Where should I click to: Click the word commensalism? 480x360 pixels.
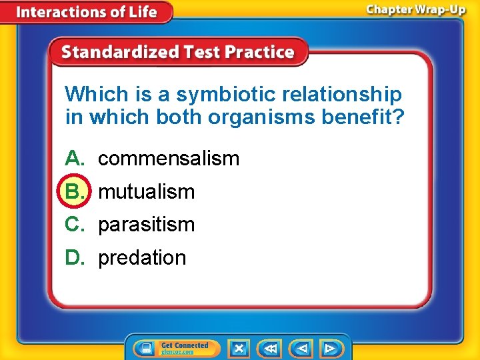(x=169, y=159)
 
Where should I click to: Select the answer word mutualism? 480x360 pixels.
(x=147, y=192)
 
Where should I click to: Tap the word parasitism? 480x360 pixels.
(x=147, y=225)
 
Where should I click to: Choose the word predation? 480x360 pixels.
(x=142, y=258)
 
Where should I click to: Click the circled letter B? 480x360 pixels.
(x=73, y=192)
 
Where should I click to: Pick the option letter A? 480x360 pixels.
(x=73, y=159)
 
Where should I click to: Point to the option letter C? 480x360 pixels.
(x=73, y=225)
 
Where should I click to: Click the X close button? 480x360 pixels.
(x=239, y=348)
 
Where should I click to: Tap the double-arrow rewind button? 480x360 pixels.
(x=271, y=348)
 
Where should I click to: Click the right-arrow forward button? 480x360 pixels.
(x=330, y=348)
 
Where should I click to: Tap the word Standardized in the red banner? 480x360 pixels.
(x=117, y=53)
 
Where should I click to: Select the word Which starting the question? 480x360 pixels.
(x=93, y=95)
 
